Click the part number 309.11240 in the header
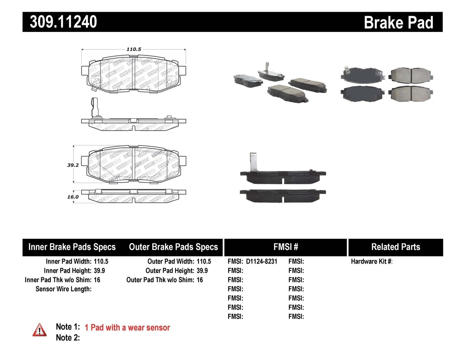point(63,22)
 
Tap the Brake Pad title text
point(398,23)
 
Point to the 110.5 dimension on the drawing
point(134,49)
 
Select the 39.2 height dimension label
point(73,165)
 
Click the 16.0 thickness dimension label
point(73,197)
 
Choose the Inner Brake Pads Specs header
point(72,247)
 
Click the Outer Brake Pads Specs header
point(173,247)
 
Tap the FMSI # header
point(286,247)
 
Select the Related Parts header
point(396,247)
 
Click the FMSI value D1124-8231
point(261,261)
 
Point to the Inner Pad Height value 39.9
point(99,271)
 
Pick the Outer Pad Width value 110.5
point(204,261)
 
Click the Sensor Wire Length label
point(64,289)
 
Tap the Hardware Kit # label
point(371,261)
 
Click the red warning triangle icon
point(39,330)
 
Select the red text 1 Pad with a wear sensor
point(127,328)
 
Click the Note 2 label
point(68,338)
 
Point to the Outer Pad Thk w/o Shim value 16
point(200,280)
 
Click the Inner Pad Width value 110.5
point(101,261)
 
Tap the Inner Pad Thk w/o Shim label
point(58,280)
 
